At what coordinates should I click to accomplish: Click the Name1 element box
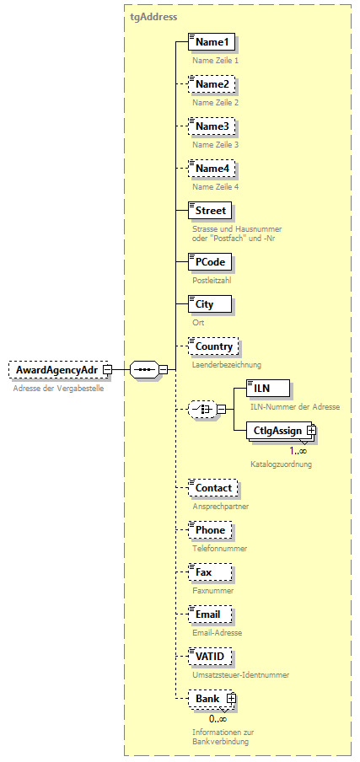pyautogui.click(x=212, y=42)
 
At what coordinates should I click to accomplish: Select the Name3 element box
pyautogui.click(x=212, y=126)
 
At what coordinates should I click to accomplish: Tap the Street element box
pyautogui.click(x=210, y=210)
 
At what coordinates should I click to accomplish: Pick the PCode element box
pyautogui.click(x=209, y=261)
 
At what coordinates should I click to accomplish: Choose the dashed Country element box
pyautogui.click(x=213, y=346)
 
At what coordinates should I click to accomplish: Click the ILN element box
pyautogui.click(x=267, y=388)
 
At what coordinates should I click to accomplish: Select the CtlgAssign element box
pyautogui.click(x=277, y=430)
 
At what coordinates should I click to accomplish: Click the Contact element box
pyautogui.click(x=212, y=488)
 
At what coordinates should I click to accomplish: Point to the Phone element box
pyautogui.click(x=210, y=530)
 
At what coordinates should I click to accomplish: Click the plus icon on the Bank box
pyautogui.click(x=230, y=699)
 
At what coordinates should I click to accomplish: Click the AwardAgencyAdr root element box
pyautogui.click(x=55, y=369)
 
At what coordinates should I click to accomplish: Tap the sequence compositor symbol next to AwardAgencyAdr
pyautogui.click(x=144, y=369)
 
